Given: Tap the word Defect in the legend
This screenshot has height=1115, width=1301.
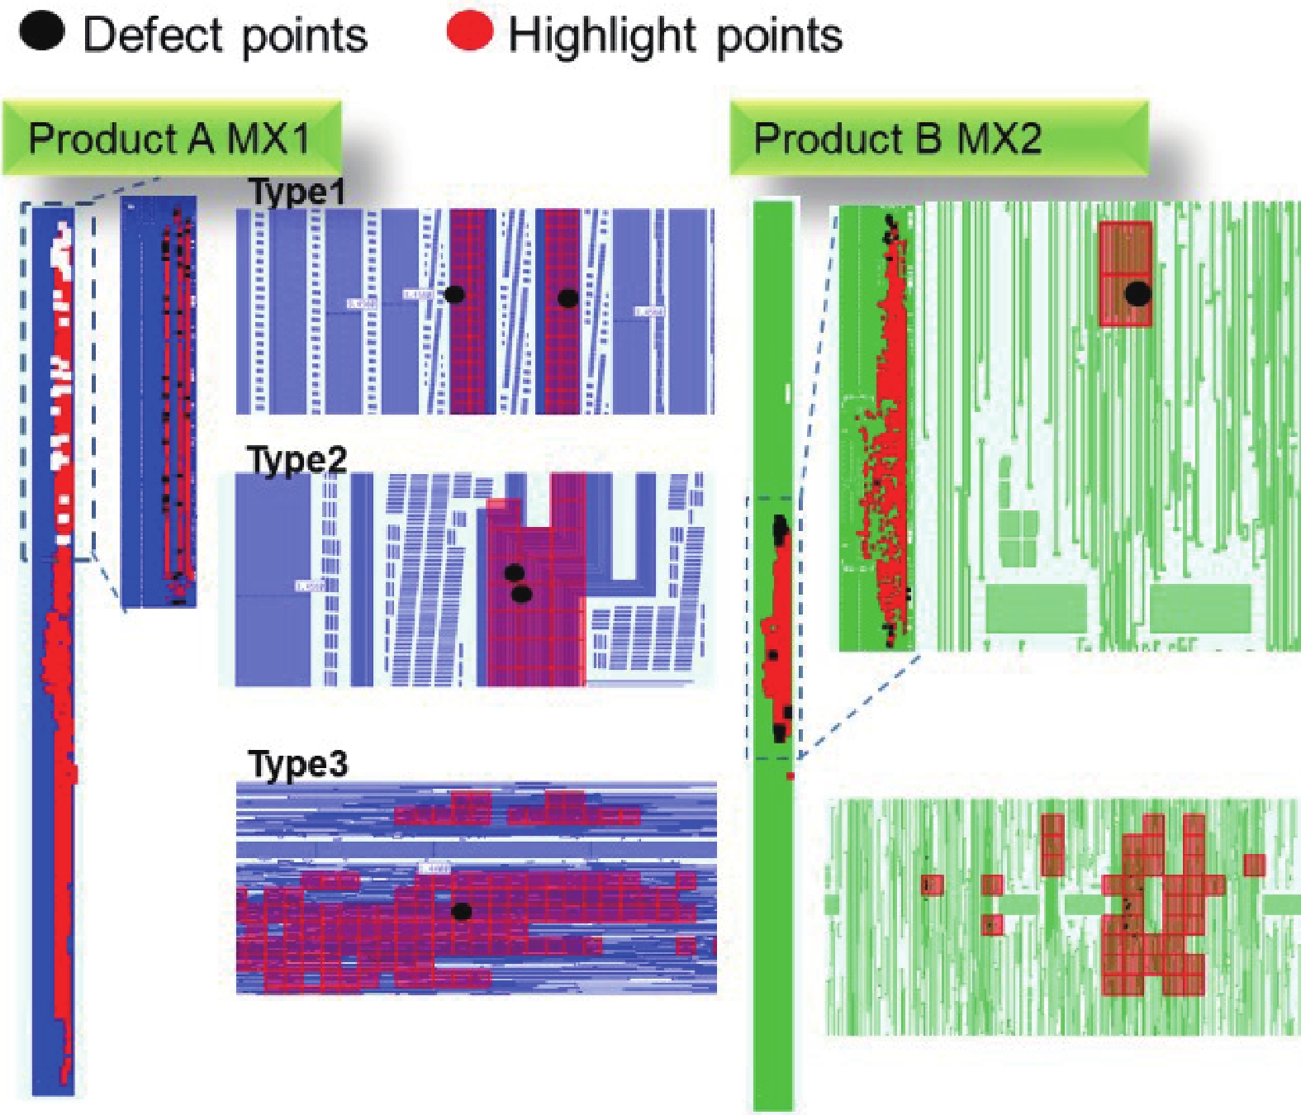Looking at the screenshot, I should [154, 36].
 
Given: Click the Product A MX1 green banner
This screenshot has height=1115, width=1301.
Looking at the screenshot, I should [171, 138].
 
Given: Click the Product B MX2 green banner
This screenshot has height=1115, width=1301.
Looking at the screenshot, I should [938, 138].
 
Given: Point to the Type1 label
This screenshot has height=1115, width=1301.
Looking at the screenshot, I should [297, 192].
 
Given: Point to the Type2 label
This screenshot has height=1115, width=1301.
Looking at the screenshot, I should [297, 459].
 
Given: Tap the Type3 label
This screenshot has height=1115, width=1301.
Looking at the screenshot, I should [298, 764].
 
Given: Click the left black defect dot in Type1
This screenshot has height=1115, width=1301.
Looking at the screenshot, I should [453, 294].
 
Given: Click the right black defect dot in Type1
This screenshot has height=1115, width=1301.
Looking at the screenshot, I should [567, 298].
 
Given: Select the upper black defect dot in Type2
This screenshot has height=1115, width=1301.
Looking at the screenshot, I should [514, 572].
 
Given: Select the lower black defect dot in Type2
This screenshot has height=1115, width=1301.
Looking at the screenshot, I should [520, 594].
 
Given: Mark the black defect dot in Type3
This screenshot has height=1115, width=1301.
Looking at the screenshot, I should [462, 912].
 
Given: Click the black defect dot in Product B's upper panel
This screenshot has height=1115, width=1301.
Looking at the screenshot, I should [1138, 292].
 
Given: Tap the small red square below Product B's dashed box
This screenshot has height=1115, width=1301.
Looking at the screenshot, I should [791, 776].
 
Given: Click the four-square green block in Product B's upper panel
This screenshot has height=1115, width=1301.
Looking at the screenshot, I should [1018, 538].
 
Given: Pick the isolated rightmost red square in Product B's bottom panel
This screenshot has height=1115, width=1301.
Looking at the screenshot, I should [1254, 865].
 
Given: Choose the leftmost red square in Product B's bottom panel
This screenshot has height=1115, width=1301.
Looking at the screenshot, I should [933, 885].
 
